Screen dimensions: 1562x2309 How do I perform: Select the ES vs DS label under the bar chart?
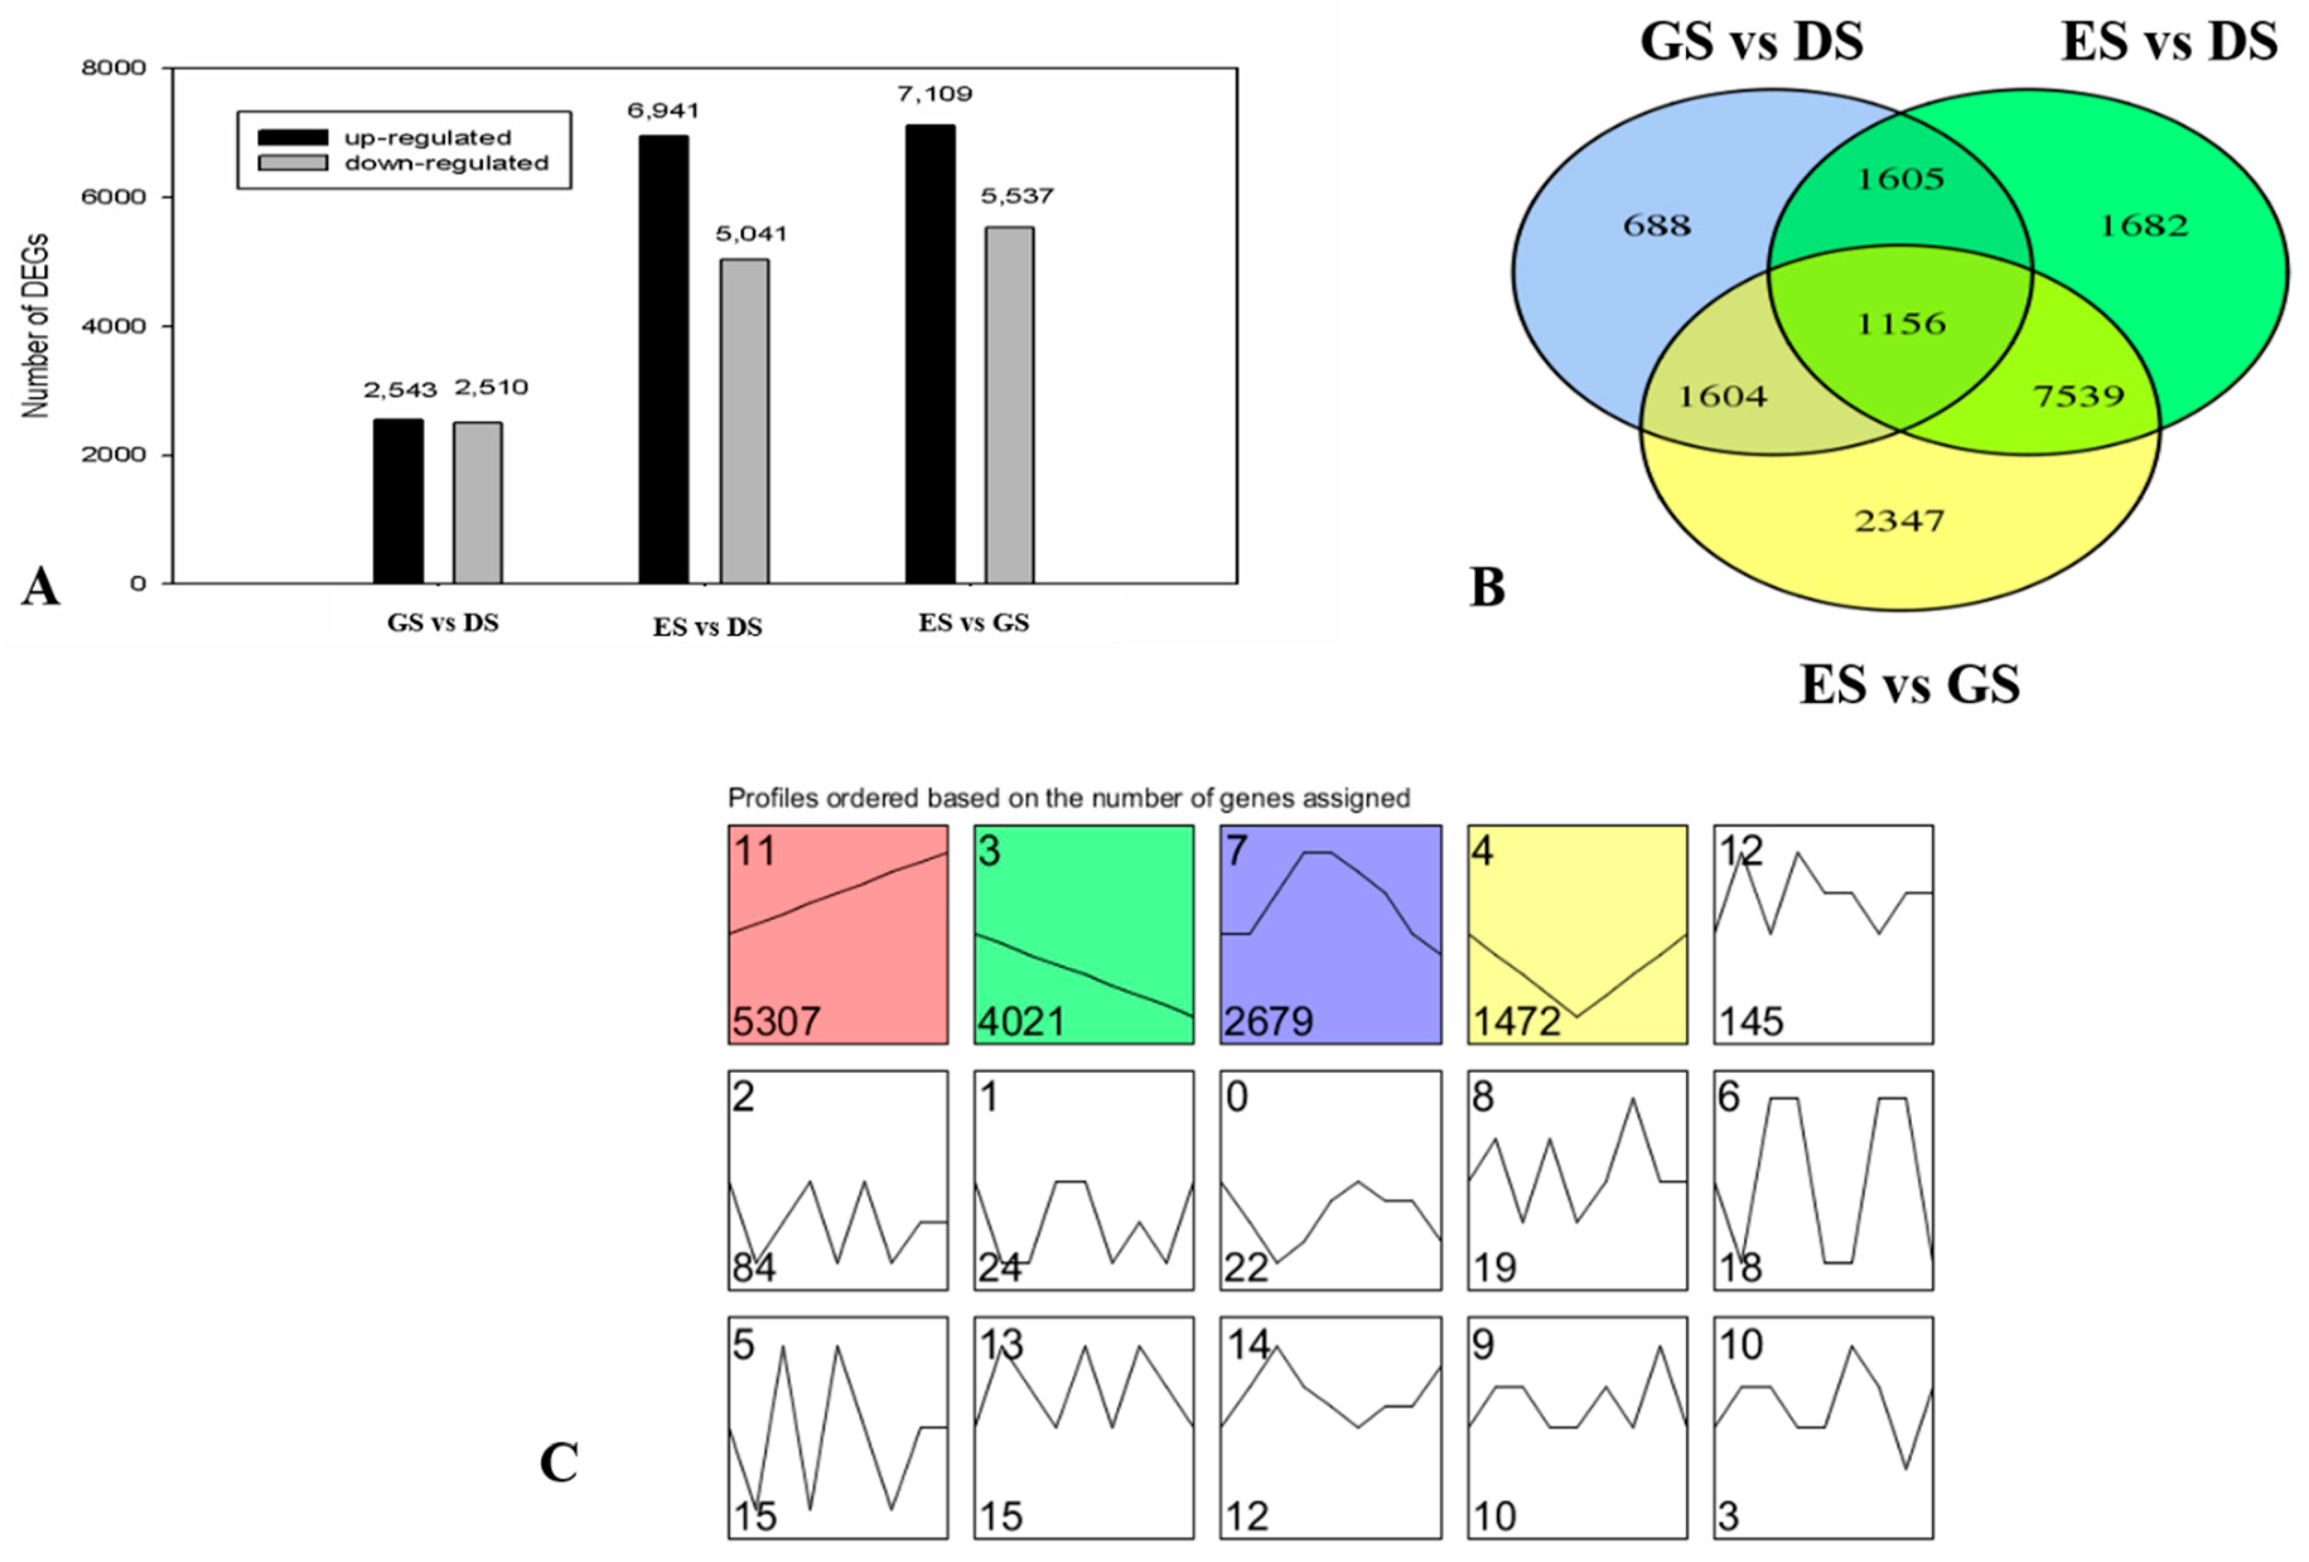coord(707,627)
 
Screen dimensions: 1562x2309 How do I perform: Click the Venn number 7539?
coord(2078,397)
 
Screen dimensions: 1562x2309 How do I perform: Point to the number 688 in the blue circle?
coord(1656,226)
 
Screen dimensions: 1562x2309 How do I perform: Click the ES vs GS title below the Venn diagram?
coord(1909,685)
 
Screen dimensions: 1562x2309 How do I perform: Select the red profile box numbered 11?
coord(837,934)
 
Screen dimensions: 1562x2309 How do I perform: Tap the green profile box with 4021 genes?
coord(1084,934)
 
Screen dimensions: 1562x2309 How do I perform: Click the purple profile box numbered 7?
coord(1330,934)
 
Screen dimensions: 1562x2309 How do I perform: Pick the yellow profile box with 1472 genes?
coord(1577,934)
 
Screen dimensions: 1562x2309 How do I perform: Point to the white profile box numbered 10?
coord(1823,1427)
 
